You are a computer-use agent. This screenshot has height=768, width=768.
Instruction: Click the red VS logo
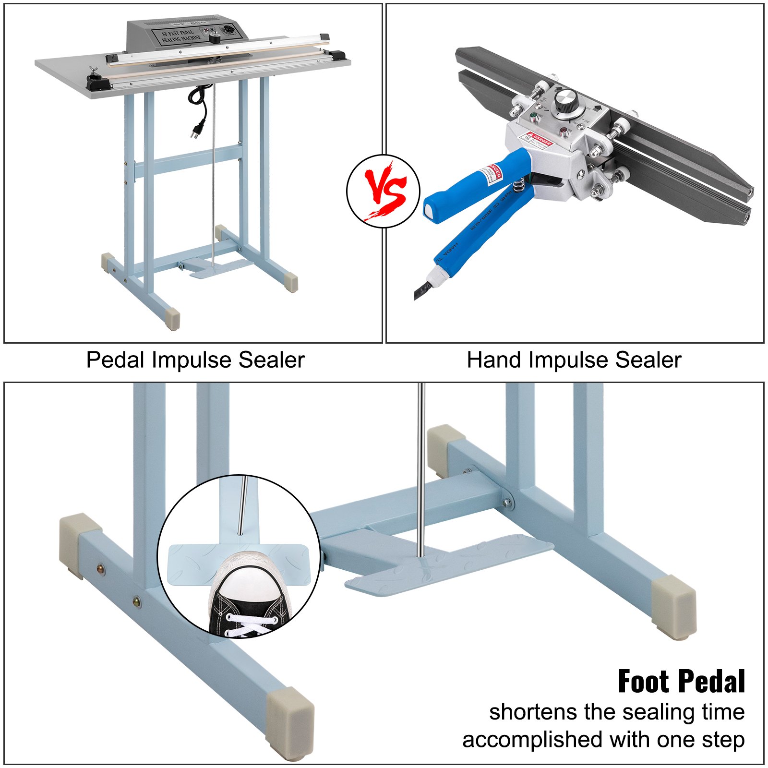[384, 191]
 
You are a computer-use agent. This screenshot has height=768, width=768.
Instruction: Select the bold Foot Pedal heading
[681, 682]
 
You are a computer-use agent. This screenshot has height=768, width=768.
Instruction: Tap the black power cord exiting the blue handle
[421, 290]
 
